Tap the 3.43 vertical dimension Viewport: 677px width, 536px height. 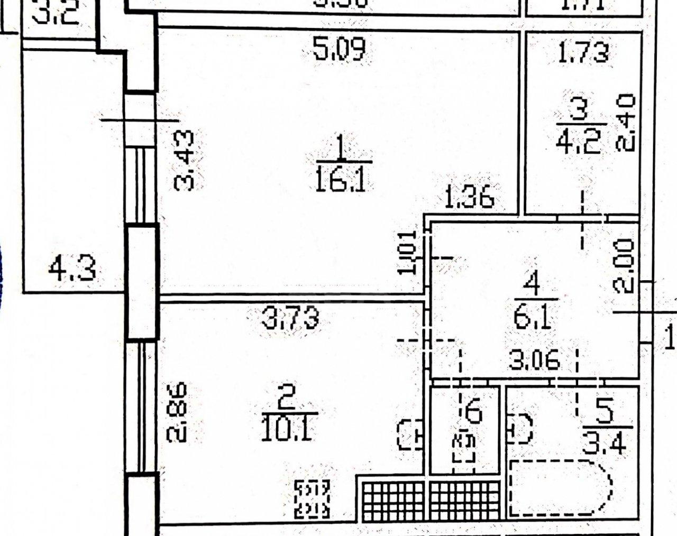coord(185,161)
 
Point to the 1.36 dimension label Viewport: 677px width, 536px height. coord(469,198)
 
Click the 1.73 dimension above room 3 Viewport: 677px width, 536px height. coord(583,52)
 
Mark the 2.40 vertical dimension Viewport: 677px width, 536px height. coord(626,123)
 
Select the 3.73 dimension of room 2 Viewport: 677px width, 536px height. coord(290,319)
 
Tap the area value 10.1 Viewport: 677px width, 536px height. coord(288,430)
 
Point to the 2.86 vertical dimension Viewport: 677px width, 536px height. coord(178,413)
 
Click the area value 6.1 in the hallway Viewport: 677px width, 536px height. coord(533,319)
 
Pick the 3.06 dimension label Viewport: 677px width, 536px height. coord(534,362)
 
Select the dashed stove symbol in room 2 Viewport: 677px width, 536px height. coord(312,498)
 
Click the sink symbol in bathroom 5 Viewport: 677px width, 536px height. coord(520,428)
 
